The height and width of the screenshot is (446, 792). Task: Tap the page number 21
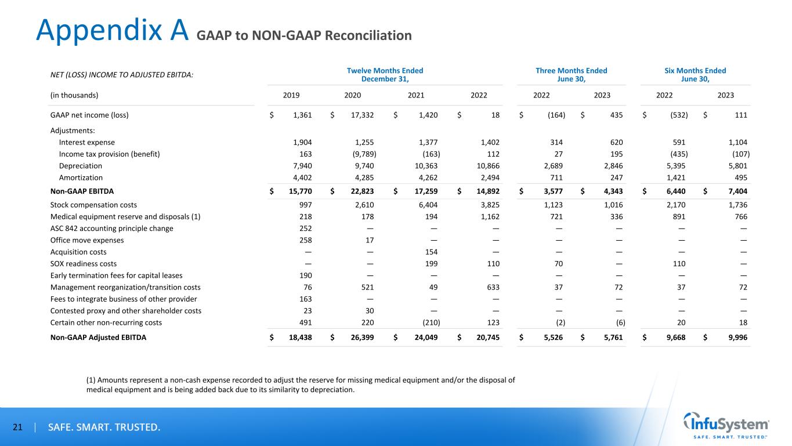point(17,428)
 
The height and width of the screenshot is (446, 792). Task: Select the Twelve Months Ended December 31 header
point(385,75)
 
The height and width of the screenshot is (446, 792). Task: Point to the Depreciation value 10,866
point(489,166)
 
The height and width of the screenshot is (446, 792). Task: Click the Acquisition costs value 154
point(430,252)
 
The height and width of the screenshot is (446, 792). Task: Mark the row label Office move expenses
point(87,240)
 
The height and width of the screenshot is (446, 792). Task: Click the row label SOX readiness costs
point(84,263)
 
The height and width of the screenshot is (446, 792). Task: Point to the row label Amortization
point(81,178)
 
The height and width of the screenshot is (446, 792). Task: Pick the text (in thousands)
point(74,95)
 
